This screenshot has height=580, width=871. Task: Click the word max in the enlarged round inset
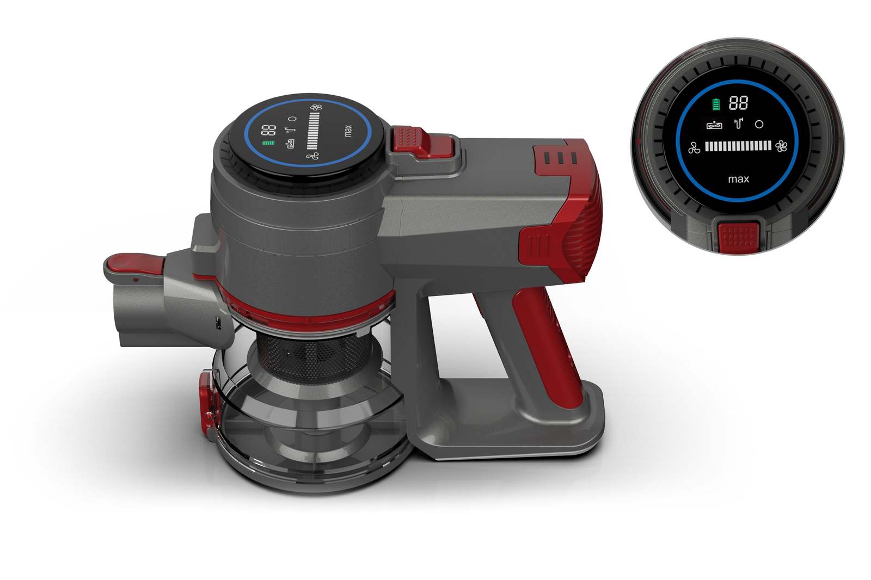[738, 179]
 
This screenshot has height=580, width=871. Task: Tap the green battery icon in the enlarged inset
[716, 104]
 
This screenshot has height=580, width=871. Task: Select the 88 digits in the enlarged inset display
[738, 103]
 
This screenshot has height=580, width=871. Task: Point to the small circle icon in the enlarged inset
[759, 125]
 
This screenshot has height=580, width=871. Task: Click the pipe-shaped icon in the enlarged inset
[738, 124]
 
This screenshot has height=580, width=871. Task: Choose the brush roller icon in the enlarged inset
[715, 125]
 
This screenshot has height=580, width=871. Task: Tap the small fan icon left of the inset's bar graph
[694, 148]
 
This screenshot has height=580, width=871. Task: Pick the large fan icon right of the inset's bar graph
[781, 146]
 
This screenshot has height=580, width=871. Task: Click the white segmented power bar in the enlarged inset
[738, 146]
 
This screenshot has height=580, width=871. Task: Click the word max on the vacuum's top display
[348, 131]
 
